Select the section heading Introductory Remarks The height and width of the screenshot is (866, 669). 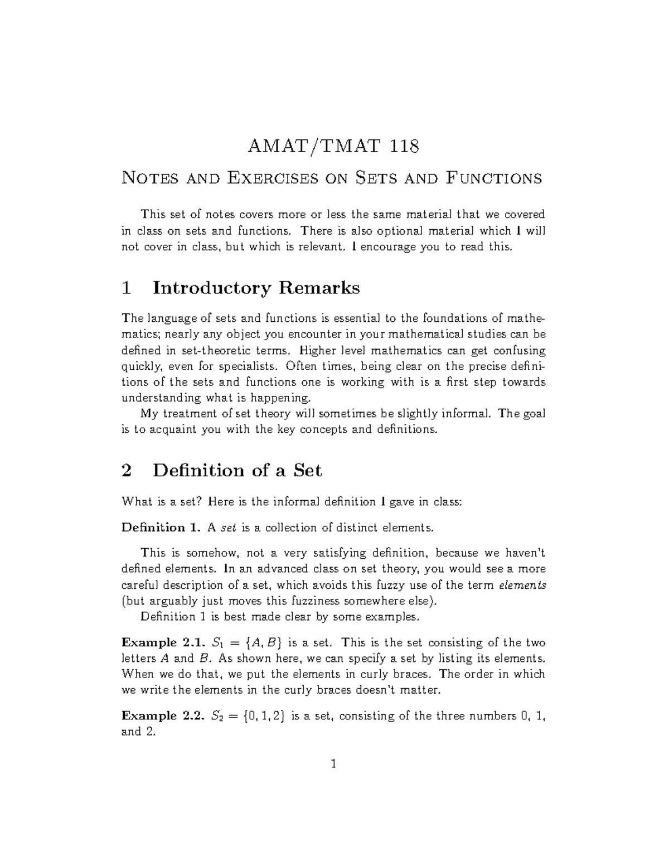tap(256, 288)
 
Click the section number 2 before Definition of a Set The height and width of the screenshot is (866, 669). tap(127, 471)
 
